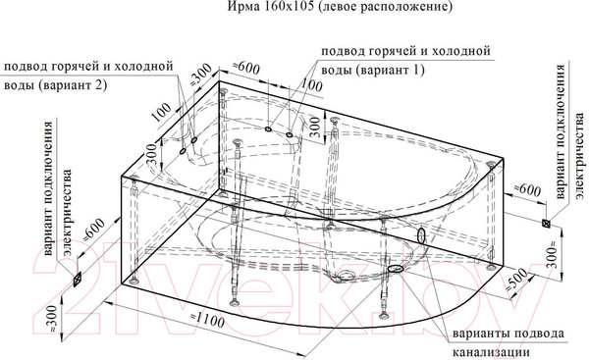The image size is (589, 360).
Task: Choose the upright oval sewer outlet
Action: (422, 236)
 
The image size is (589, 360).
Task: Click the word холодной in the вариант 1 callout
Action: (463, 50)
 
